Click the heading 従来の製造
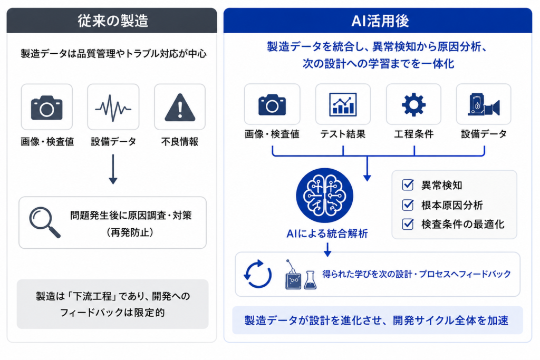pos(113,21)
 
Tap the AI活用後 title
pos(380,21)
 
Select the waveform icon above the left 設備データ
pos(113,108)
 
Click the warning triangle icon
pos(180,108)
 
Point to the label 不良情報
pos(180,141)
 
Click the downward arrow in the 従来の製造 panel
pos(113,169)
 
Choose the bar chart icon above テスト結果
pos(343,104)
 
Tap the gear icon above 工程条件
pos(413,104)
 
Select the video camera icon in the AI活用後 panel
pos(484,105)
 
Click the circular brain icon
pos(324,196)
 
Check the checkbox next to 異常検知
pos(408,185)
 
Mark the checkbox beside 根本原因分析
pos(408,205)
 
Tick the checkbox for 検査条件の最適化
pos(408,225)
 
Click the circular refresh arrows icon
pos(257,274)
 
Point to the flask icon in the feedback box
pos(310,280)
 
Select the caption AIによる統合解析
pos(327,233)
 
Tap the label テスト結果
pos(343,134)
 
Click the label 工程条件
pos(413,134)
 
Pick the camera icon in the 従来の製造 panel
pos(47,108)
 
